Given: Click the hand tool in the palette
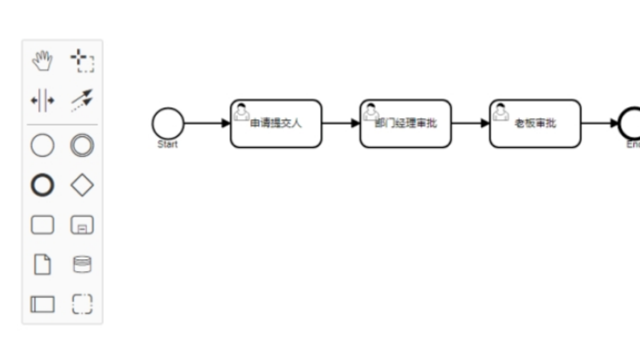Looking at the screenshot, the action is [43, 61].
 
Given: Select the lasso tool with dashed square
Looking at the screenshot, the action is [83, 61].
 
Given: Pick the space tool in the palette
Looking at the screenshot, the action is [43, 100].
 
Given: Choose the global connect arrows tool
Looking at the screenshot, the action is [82, 100].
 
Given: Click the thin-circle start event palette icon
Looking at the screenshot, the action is [43, 146].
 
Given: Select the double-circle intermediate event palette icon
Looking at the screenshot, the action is [82, 146].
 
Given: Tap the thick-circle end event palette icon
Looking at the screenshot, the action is [43, 186].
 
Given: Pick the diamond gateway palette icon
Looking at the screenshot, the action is [82, 186].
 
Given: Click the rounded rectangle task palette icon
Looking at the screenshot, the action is [43, 225].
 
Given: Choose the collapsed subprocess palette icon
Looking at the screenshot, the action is [82, 225].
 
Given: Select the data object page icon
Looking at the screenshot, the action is [43, 265].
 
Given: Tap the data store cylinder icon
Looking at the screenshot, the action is [82, 265].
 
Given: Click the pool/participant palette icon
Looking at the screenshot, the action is [43, 304].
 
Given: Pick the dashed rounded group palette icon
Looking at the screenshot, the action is [82, 304].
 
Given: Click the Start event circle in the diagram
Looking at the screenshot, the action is [168, 123].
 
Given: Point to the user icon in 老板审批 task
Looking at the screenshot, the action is [500, 112].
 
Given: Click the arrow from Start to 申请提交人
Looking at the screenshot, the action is [207, 123].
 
